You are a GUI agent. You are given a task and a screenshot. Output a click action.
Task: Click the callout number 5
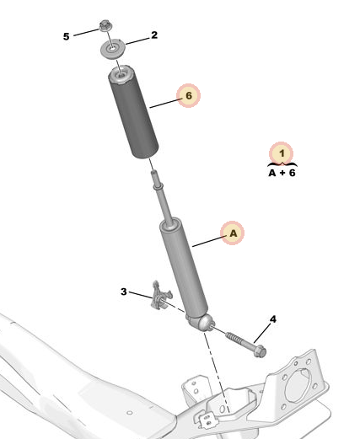tap(66, 36)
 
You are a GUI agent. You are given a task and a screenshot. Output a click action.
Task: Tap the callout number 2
tap(154, 35)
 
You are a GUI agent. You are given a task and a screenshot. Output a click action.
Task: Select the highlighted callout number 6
tap(189, 95)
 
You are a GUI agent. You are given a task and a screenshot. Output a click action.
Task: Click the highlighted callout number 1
tap(282, 153)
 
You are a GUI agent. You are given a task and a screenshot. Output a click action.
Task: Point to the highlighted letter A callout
tap(233, 233)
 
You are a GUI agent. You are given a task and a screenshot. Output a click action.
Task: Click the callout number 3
tap(124, 292)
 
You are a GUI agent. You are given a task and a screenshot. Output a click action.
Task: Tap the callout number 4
tap(273, 319)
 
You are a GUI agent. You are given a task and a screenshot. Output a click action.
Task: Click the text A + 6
tap(282, 173)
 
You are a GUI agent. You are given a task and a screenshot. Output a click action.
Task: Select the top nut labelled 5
tap(105, 25)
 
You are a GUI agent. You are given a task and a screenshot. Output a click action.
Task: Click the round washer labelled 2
tap(112, 50)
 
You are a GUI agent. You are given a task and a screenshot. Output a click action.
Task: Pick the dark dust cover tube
tap(133, 112)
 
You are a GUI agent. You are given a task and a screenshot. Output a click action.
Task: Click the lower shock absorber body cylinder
tap(183, 267)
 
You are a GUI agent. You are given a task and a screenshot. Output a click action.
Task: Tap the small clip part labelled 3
tap(160, 297)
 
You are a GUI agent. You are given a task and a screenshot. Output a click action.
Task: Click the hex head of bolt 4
tap(260, 351)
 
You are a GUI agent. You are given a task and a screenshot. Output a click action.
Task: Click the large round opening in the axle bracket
tap(298, 385)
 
